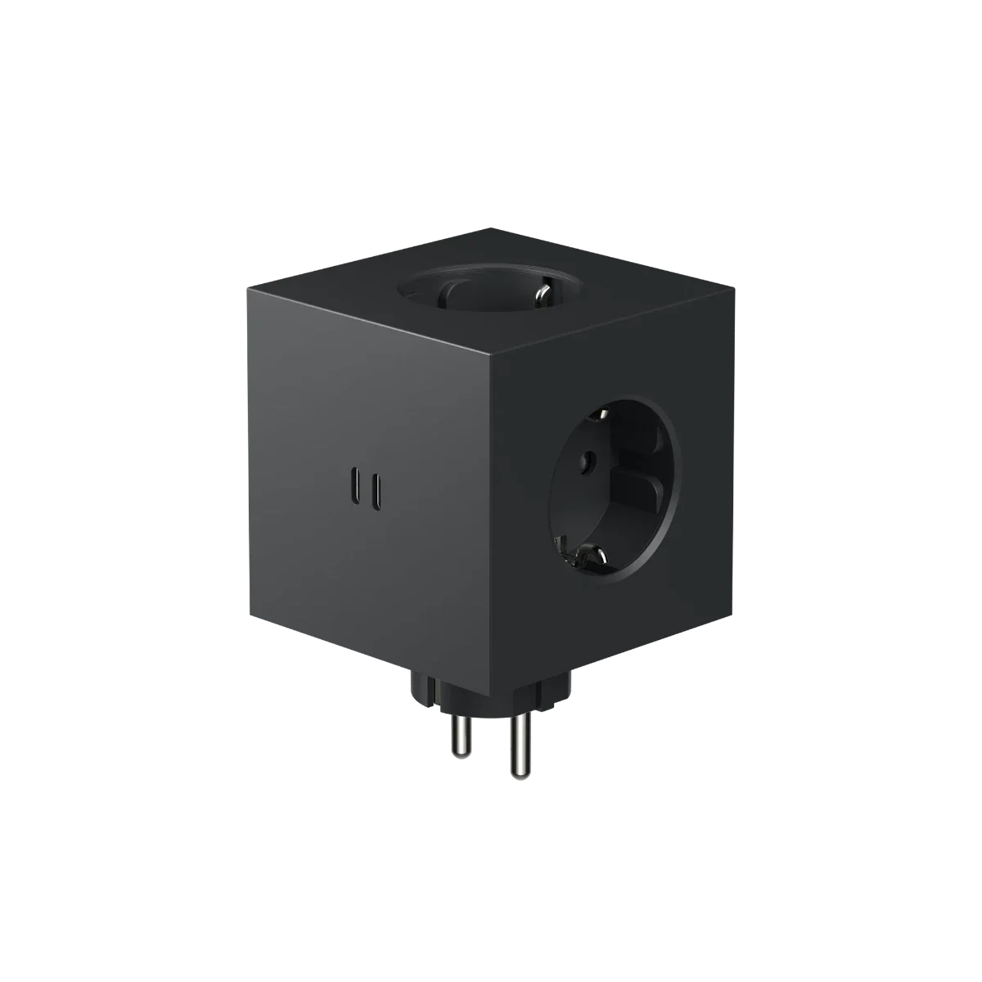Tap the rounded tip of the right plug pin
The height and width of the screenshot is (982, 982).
(518, 778)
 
